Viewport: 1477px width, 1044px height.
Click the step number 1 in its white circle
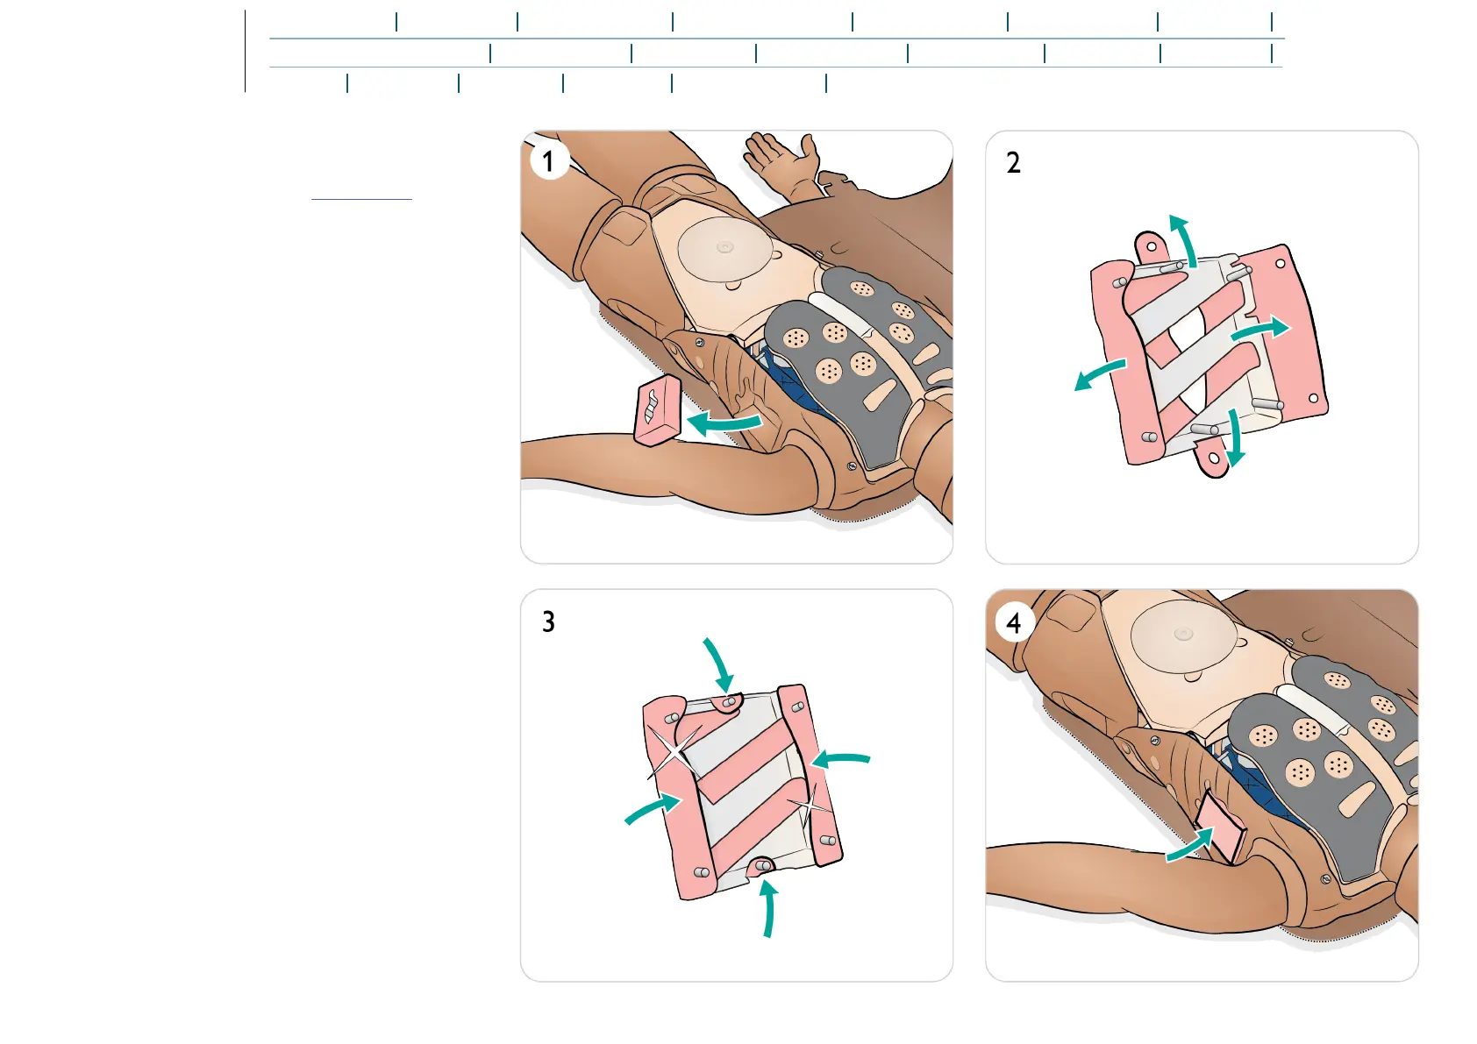[x=549, y=161]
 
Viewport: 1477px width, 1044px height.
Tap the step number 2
[x=1013, y=163]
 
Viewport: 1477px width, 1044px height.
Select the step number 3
[x=548, y=621]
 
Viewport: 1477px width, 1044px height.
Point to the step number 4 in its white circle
[x=1014, y=623]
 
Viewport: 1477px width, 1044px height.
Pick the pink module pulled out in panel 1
[x=658, y=409]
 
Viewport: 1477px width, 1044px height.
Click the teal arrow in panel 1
[x=723, y=424]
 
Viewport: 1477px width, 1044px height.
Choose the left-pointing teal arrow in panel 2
[x=1099, y=374]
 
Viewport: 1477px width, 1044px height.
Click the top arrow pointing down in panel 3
[x=717, y=664]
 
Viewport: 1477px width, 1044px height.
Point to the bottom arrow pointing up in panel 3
[x=768, y=908]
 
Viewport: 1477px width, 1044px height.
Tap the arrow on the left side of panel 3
[x=653, y=809]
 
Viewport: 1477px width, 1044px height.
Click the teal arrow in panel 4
[x=1189, y=846]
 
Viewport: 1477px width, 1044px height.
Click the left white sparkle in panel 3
[x=674, y=752]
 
